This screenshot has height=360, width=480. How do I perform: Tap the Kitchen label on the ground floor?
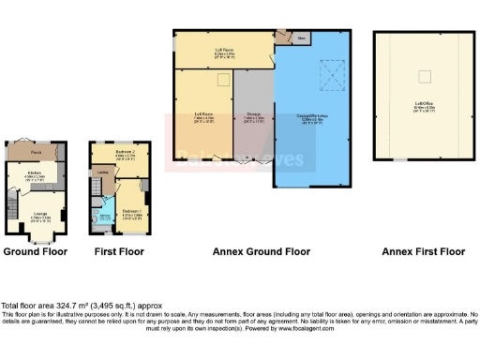(35, 173)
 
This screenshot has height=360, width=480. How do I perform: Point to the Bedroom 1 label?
(131, 211)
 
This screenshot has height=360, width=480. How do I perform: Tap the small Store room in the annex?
(302, 39)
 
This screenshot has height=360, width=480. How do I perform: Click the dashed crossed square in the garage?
(330, 72)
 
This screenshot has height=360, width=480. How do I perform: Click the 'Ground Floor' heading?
(36, 251)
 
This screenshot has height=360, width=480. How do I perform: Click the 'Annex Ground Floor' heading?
(261, 251)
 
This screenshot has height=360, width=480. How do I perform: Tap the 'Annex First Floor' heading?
(425, 251)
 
